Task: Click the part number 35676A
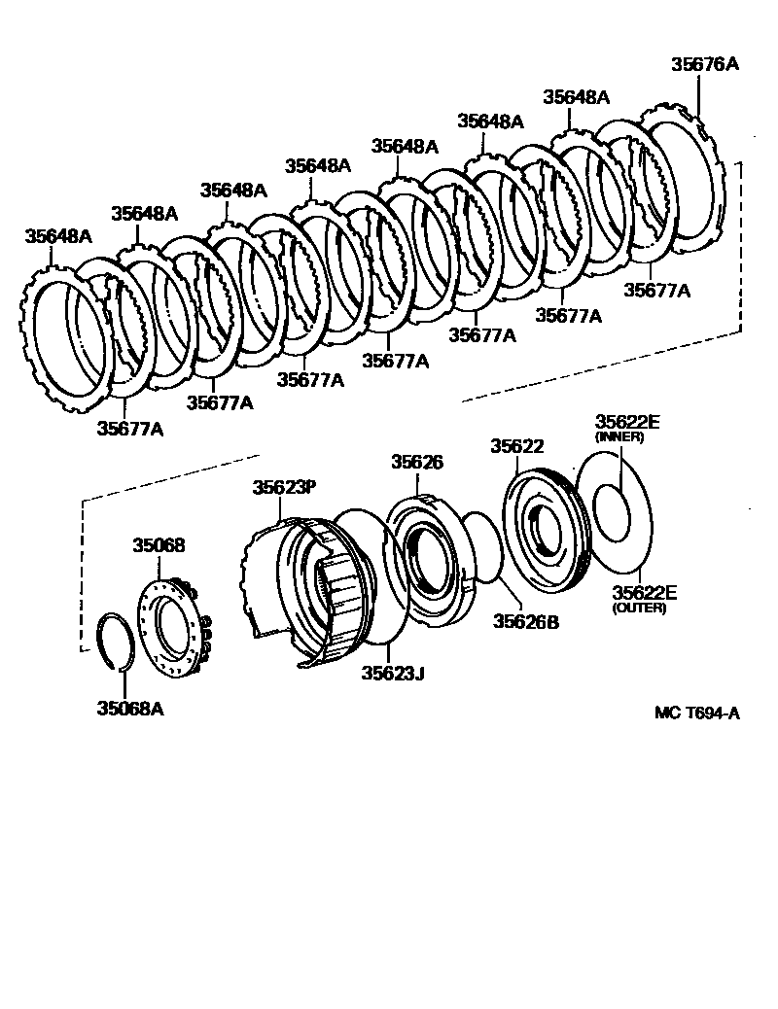point(705,65)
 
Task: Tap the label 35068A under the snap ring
point(129,708)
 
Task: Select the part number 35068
point(159,545)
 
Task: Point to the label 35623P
point(285,487)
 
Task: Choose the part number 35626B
point(526,620)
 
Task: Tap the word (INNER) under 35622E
point(619,437)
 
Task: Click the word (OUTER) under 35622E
point(637,609)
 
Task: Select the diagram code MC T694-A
point(696,713)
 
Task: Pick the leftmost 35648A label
point(58,235)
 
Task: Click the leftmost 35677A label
point(129,429)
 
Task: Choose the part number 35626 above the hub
point(417,463)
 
